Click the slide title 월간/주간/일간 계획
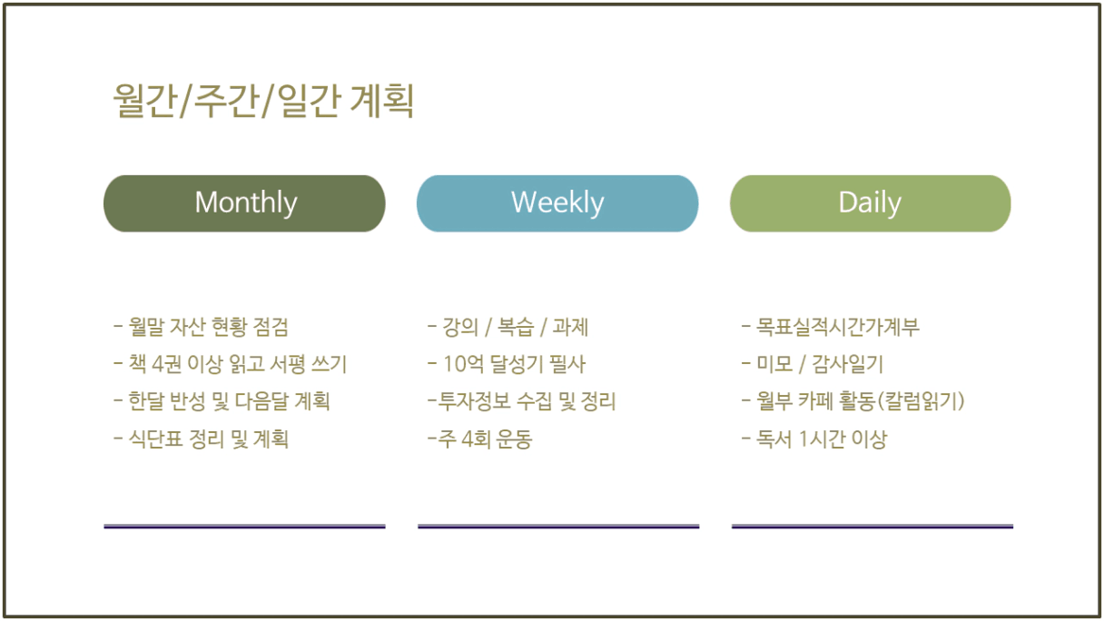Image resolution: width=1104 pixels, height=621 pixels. click(263, 101)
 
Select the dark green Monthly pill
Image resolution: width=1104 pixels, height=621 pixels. click(244, 203)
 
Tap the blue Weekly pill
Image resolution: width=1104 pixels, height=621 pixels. click(557, 203)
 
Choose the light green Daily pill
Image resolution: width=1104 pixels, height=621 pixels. click(871, 203)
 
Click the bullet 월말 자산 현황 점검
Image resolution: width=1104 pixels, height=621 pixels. click(201, 327)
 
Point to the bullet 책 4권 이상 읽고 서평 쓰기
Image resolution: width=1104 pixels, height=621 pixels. click(231, 364)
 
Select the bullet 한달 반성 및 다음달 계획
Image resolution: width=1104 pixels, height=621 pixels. click(222, 401)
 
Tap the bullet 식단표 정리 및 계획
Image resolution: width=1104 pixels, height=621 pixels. click(201, 439)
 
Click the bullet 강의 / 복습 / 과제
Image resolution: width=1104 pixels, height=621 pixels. click(508, 327)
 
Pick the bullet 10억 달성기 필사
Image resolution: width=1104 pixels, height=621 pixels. click(507, 364)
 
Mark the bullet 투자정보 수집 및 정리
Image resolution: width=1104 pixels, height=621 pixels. click(522, 401)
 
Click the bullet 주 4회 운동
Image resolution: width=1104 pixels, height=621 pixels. click(480, 439)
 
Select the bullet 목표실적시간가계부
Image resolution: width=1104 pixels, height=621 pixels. click(831, 327)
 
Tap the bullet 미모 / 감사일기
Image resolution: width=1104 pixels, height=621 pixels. click(813, 364)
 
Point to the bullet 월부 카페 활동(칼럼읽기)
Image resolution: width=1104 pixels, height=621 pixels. click(853, 401)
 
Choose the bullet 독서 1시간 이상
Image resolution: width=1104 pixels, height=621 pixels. click(814, 439)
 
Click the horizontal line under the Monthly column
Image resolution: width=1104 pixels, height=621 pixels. click(244, 527)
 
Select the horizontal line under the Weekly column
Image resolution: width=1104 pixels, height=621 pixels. click(558, 527)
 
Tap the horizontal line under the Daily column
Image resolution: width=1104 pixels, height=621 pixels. click(872, 527)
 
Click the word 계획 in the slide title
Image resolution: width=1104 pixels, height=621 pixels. click(382, 101)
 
